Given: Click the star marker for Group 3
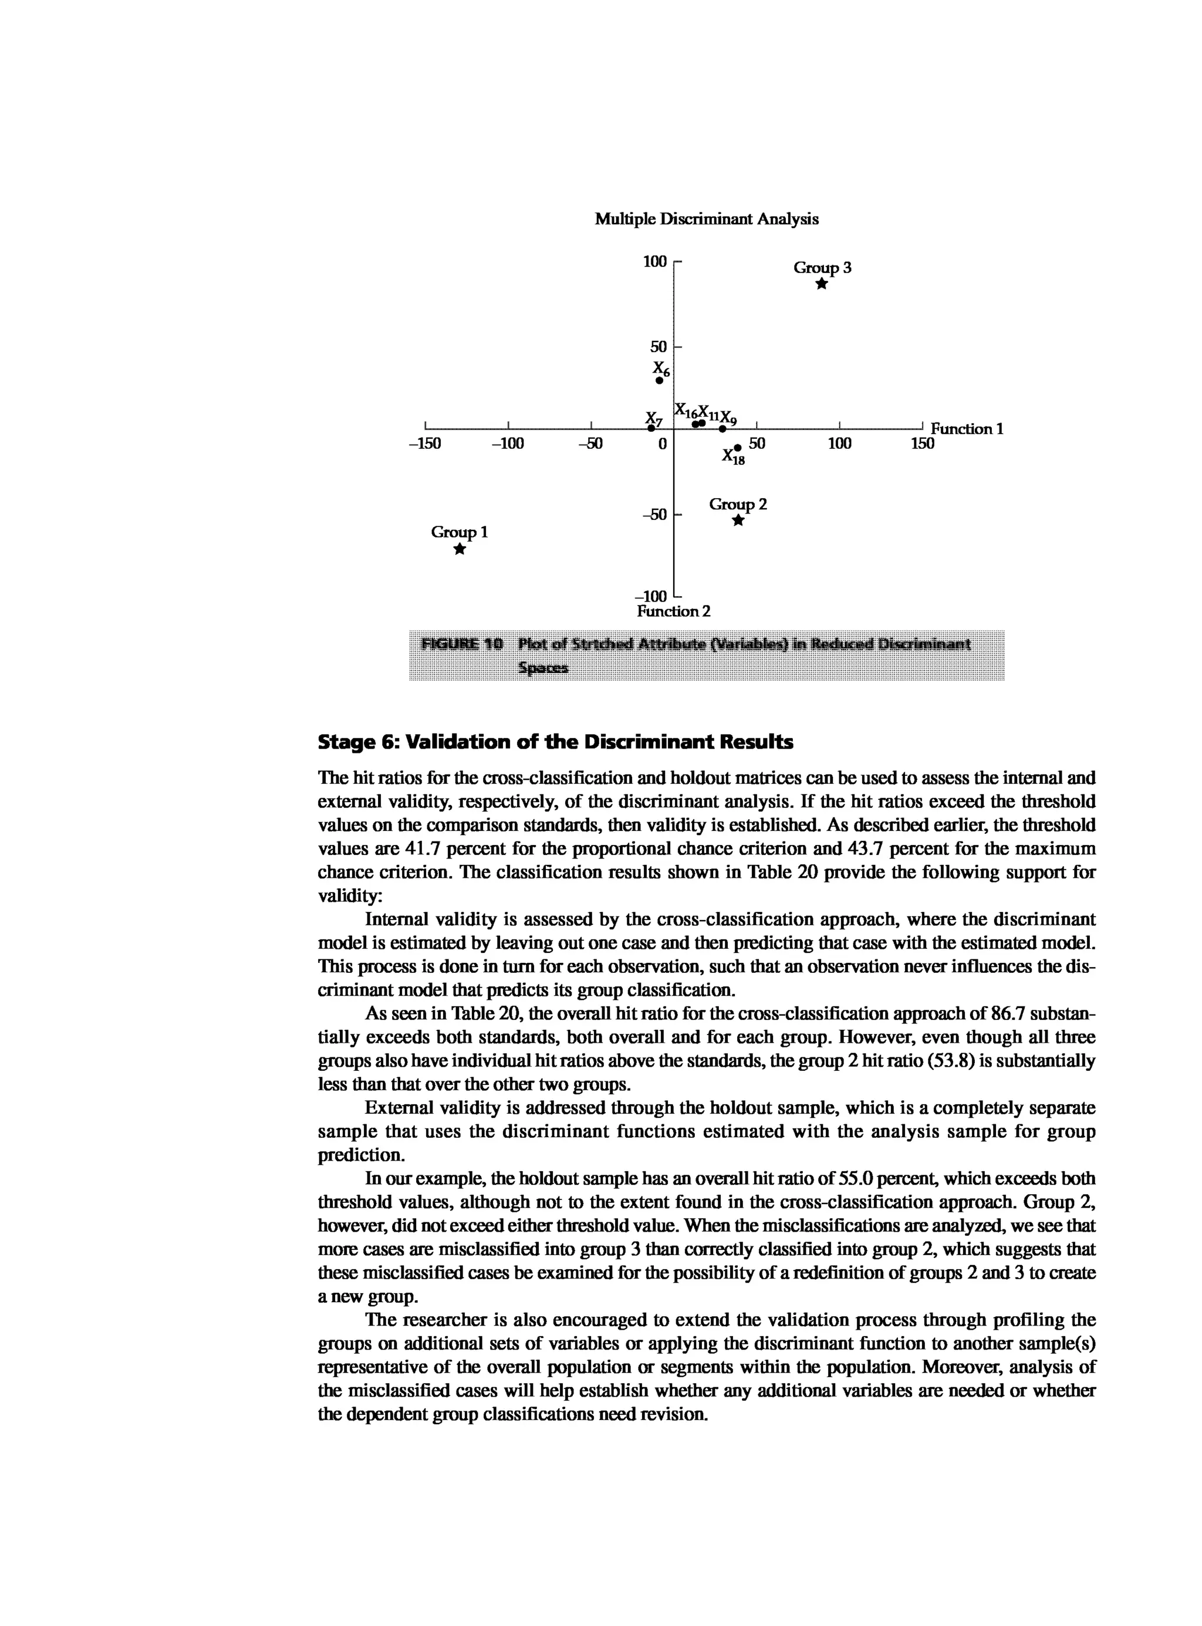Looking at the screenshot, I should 822,285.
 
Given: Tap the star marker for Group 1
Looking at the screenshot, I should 459,549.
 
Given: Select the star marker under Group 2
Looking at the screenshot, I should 738,520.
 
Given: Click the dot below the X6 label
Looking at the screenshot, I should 659,380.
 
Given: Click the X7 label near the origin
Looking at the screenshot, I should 654,419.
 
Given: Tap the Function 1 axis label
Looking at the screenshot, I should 967,429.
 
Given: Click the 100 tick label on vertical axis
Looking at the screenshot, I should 655,261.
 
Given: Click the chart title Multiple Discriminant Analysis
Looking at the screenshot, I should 707,219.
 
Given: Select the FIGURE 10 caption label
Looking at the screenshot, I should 462,644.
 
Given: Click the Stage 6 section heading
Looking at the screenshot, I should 555,742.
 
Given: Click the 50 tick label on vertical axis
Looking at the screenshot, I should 659,346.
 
